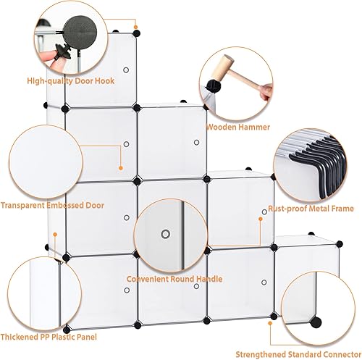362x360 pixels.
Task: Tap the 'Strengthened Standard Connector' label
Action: (x=297, y=354)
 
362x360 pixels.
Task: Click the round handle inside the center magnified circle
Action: (x=166, y=234)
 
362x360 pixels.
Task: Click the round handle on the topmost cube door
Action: (x=125, y=70)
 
